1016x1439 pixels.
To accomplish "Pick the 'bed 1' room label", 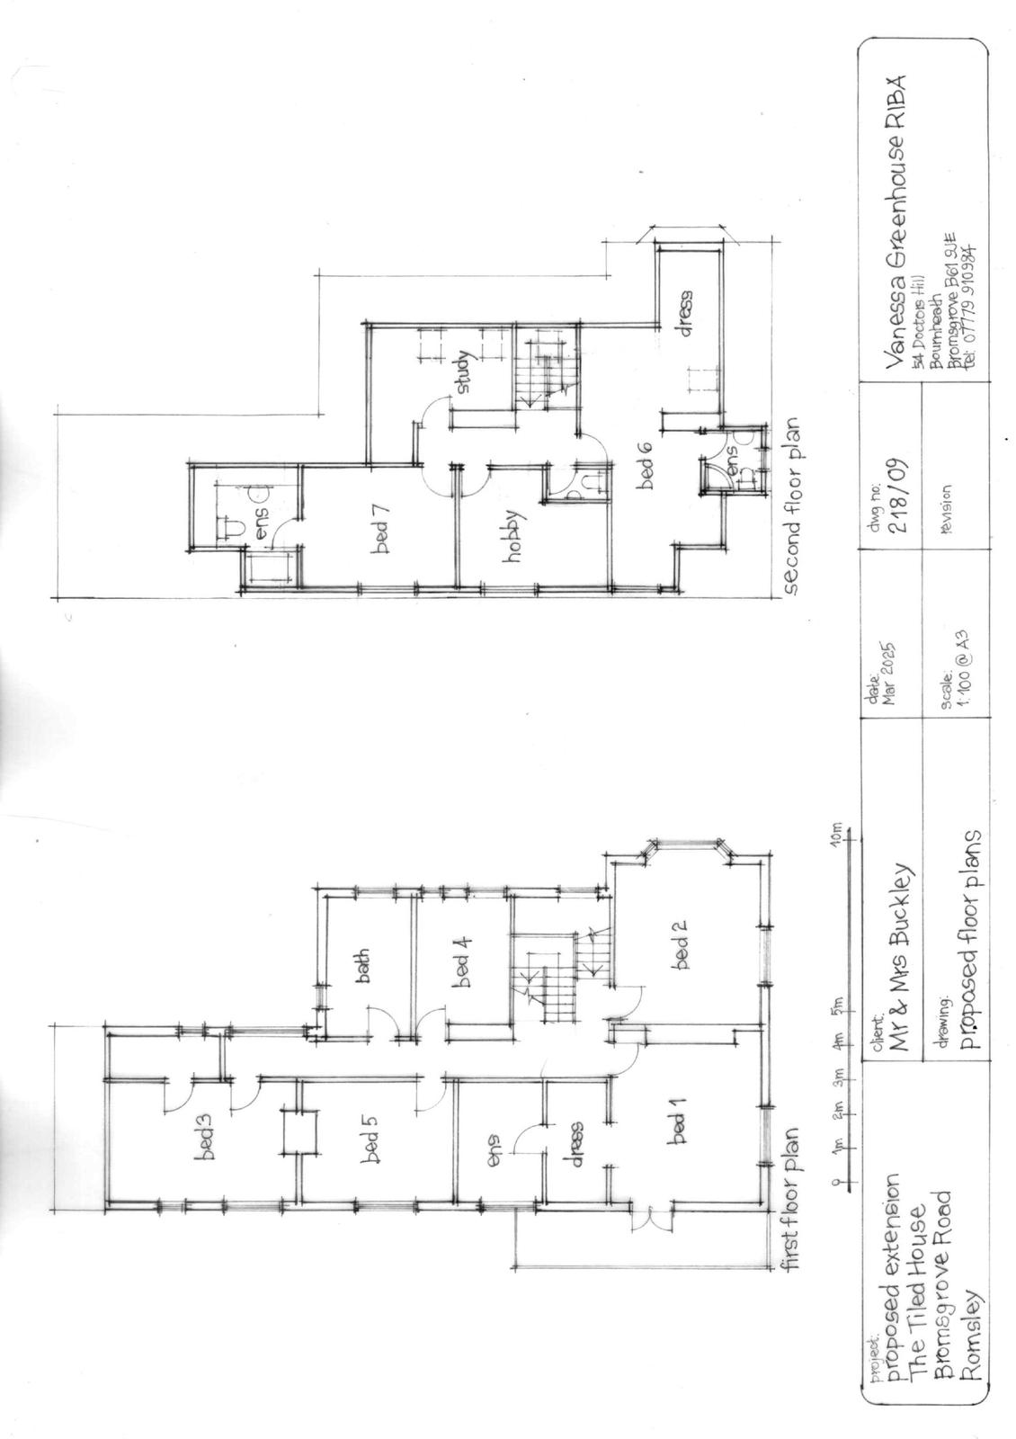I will [680, 1128].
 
